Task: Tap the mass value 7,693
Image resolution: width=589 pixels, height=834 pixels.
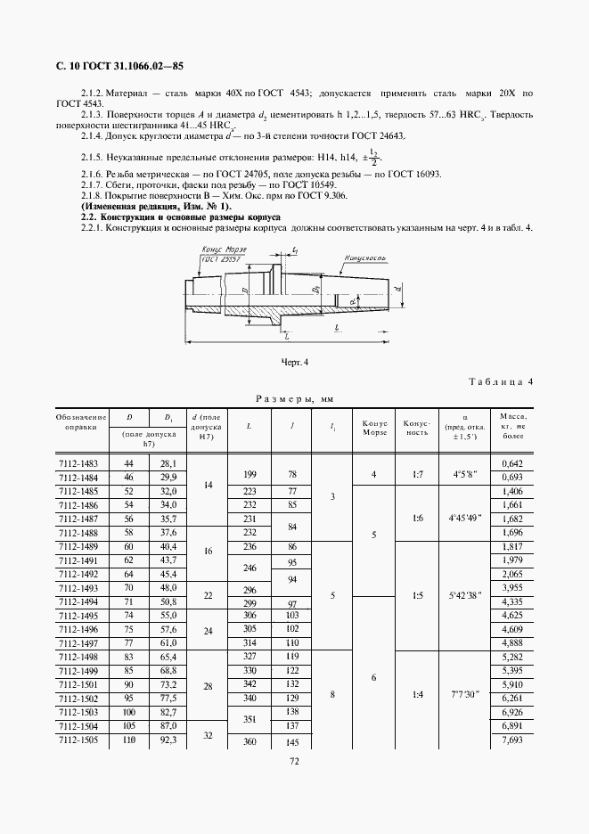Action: pos(511,741)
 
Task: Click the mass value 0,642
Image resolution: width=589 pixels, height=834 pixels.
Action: pos(511,463)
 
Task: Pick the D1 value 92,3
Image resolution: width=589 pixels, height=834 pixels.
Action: pos(168,741)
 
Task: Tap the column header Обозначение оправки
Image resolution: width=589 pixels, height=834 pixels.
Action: pos(81,421)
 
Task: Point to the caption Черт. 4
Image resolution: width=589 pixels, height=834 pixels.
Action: pos(295,363)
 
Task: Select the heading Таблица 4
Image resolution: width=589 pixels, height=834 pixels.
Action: pos(500,382)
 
